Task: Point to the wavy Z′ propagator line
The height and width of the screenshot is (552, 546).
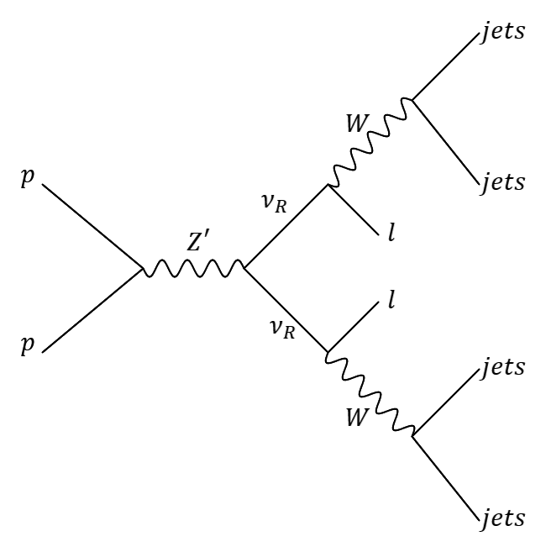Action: click(193, 270)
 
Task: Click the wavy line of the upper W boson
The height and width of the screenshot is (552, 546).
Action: click(369, 142)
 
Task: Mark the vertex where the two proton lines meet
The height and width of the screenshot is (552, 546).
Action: click(143, 270)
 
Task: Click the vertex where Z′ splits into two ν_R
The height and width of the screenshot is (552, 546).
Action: click(244, 270)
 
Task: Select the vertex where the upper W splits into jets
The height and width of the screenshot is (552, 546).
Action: click(412, 99)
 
